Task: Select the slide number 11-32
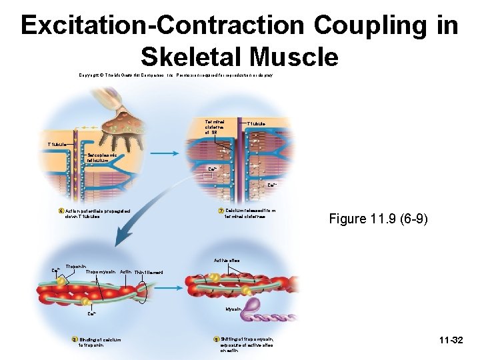tap(451, 341)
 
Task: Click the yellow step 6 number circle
tap(61, 211)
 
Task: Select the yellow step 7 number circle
tap(221, 211)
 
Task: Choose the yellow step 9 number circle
tap(215, 339)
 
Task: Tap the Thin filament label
tap(148, 272)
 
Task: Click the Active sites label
tap(226, 260)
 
